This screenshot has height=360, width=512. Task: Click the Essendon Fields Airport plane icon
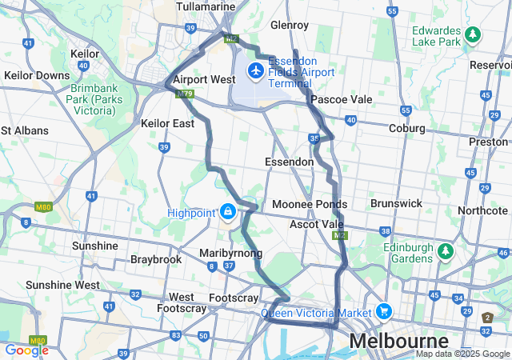pyautogui.click(x=256, y=72)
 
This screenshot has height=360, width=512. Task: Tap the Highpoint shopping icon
pyautogui.click(x=228, y=212)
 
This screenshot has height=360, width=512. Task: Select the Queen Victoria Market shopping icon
pyautogui.click(x=384, y=311)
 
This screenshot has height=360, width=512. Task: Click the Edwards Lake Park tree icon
pyautogui.click(x=473, y=34)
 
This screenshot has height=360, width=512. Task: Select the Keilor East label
pyautogui.click(x=167, y=124)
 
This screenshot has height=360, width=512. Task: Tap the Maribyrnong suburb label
pyautogui.click(x=230, y=253)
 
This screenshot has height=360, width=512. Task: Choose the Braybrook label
pyautogui.click(x=156, y=260)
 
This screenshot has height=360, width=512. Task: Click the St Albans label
pyautogui.click(x=25, y=130)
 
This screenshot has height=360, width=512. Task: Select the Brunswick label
pyautogui.click(x=396, y=203)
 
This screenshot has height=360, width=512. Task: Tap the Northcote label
pyautogui.click(x=482, y=210)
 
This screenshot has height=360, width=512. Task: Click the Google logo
pyautogui.click(x=26, y=350)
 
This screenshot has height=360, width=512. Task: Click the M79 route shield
pyautogui.click(x=185, y=94)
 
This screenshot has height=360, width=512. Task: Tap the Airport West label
pyautogui.click(x=204, y=79)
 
